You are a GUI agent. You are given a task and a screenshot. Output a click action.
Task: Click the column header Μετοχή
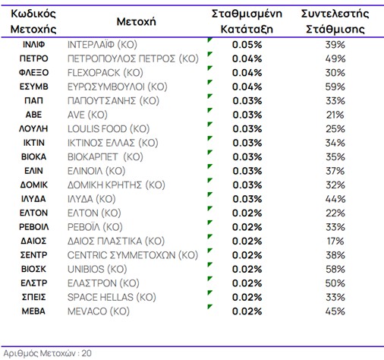pos(136,22)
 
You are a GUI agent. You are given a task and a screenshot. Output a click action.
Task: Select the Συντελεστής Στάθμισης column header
pos(335,21)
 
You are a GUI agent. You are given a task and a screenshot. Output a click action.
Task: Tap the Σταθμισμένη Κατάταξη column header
pos(247,21)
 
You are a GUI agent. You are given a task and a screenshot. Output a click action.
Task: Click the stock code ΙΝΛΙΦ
pos(33,45)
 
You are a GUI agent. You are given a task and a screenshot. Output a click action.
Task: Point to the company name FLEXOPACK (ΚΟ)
pos(105,73)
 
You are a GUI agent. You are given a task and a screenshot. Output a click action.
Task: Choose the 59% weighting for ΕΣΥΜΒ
pos(335,87)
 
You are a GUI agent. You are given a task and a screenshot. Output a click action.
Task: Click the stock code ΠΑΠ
pos(33,101)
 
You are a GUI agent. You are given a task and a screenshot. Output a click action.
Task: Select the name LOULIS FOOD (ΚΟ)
pos(109,129)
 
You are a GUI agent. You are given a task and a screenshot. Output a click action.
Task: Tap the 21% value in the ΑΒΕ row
pos(335,115)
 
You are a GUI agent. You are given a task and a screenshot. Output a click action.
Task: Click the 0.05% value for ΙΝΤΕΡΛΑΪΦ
pos(247,45)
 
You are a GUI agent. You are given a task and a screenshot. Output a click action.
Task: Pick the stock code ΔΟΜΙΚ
pos(33,185)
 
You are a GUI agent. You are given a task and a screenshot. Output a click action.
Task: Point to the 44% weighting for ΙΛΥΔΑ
pos(335,199)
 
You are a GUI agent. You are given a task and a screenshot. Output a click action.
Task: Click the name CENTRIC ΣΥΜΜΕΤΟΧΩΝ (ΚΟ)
pos(133,255)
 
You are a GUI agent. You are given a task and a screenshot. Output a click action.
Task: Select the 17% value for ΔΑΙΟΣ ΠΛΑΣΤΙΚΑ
pos(335,241)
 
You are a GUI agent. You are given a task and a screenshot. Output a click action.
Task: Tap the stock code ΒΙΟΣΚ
pos(33,269)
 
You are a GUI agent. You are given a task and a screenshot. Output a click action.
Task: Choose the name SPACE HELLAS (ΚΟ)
pos(112,297)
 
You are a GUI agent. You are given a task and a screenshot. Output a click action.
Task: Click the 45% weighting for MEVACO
pos(335,311)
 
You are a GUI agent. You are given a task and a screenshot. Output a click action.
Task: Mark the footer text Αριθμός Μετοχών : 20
pos(48,353)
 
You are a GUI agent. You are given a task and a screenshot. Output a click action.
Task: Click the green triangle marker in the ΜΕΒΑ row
pos(209,307)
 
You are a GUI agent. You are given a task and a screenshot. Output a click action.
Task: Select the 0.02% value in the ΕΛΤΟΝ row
pos(247,213)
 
